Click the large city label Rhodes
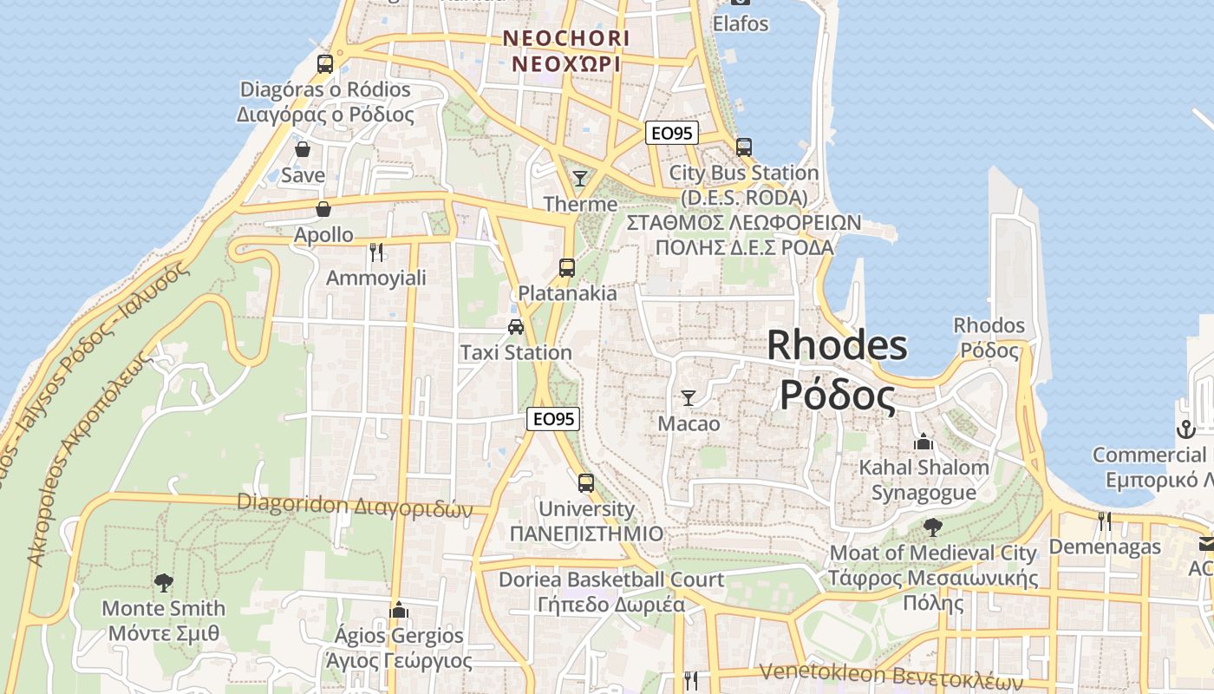click(837, 345)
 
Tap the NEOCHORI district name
click(566, 39)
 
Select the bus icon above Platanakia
click(567, 267)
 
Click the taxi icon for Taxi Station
click(516, 327)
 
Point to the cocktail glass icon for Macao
click(689, 398)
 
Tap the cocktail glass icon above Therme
click(580, 179)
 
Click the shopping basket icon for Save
click(303, 150)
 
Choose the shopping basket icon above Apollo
click(323, 209)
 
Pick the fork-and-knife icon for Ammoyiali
click(376, 252)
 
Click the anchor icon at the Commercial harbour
click(1185, 429)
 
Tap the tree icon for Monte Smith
click(163, 582)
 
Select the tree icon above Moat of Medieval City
click(933, 527)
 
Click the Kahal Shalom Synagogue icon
click(923, 442)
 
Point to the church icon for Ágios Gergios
click(399, 610)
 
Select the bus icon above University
click(586, 483)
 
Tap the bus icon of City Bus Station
click(743, 147)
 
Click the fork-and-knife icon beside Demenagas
click(1104, 520)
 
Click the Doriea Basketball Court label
click(611, 579)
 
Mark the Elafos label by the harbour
click(741, 23)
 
